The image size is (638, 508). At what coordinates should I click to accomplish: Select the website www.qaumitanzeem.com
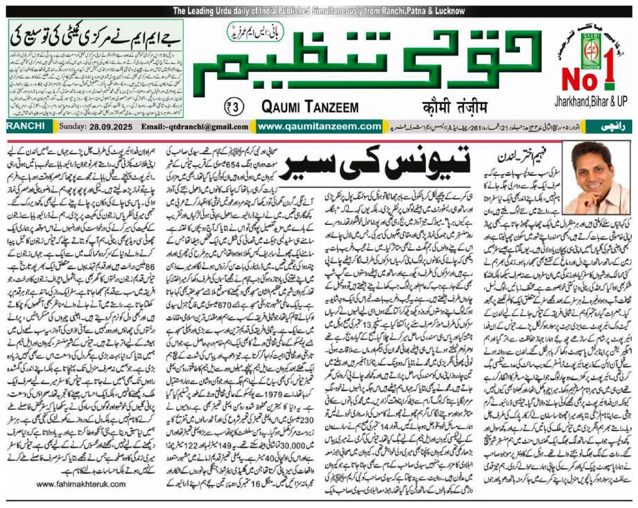[315, 126]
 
